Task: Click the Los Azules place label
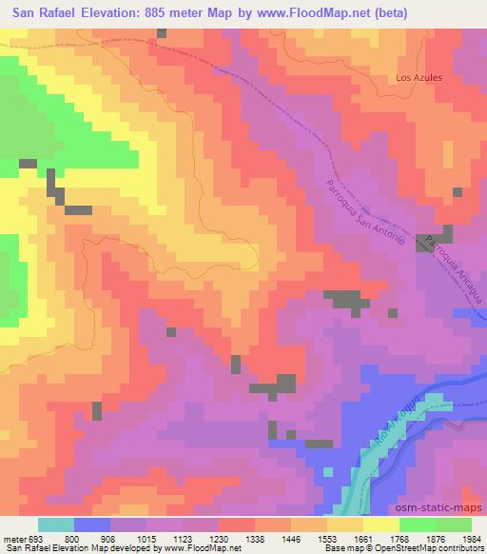click(419, 78)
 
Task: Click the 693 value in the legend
click(37, 538)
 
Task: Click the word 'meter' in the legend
click(14, 538)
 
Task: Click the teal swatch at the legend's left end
click(56, 524)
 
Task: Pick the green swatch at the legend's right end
click(454, 524)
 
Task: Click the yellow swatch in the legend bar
click(381, 524)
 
